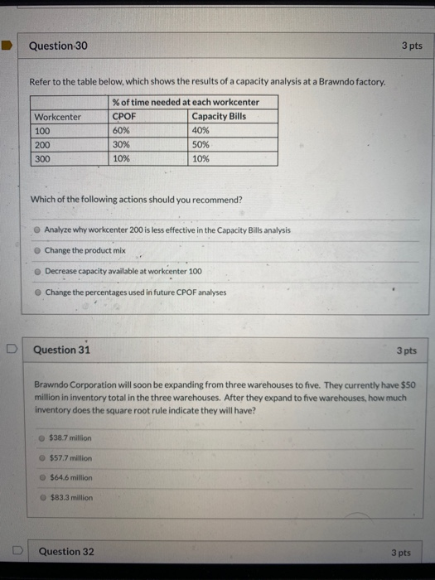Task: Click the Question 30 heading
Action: [x=58, y=46]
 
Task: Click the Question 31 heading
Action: [x=61, y=350]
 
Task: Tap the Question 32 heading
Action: [x=66, y=551]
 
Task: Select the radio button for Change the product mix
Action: [x=37, y=250]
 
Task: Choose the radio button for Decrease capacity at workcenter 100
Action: [x=37, y=271]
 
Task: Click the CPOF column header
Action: [x=123, y=117]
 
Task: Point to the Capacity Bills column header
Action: [x=218, y=117]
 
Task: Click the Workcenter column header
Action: [x=57, y=117]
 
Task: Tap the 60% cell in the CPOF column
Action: [x=121, y=131]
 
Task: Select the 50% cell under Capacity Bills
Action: [x=201, y=144]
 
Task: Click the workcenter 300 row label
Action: [x=42, y=158]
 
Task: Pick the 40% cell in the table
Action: [x=201, y=131]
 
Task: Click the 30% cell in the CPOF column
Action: [x=121, y=144]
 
